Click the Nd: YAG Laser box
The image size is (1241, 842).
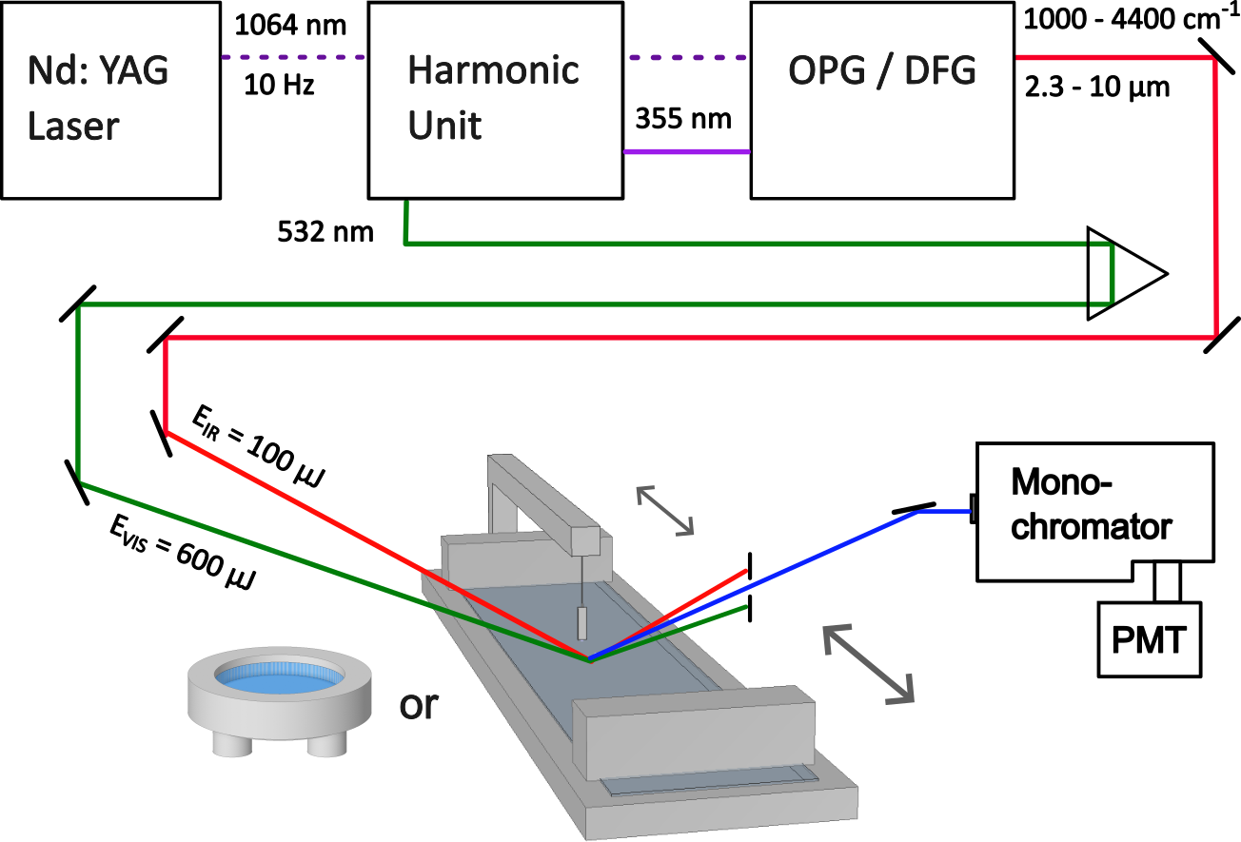point(110,100)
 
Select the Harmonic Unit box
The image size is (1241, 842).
point(495,100)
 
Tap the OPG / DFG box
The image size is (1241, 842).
point(882,100)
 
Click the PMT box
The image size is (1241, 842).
point(1149,639)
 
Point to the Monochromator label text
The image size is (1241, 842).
point(1091,503)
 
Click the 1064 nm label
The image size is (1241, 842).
point(290,26)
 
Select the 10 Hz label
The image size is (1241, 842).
point(279,85)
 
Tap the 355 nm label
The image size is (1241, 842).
point(683,119)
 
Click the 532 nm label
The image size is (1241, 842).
point(325,231)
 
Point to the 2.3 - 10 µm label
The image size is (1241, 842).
point(1097,87)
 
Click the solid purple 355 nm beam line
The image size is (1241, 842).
point(687,151)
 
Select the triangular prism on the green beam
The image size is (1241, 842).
point(1127,273)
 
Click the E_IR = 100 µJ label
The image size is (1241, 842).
point(258,446)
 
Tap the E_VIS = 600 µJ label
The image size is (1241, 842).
point(183,552)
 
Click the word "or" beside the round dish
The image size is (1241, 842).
point(419,705)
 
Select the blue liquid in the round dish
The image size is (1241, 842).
point(279,678)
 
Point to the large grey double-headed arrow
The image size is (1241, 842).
point(868,665)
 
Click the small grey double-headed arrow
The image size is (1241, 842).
point(665,511)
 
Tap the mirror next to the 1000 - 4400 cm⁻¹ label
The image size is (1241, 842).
point(1216,56)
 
